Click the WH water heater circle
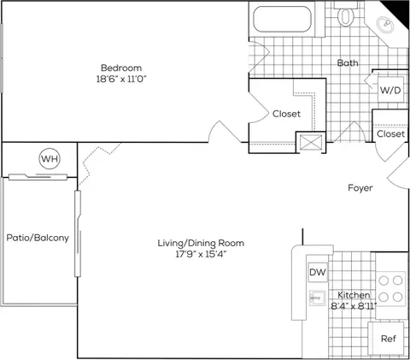[x=50, y=158]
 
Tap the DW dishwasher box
[x=318, y=272]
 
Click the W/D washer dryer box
[x=390, y=90]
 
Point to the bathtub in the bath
[x=282, y=19]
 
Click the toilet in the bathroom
[x=345, y=15]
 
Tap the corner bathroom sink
[x=385, y=25]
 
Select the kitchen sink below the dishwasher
[x=317, y=298]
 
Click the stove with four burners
[x=390, y=289]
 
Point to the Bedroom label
[x=121, y=68]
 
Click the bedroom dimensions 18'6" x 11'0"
[x=121, y=79]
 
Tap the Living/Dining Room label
[x=201, y=243]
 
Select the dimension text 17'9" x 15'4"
[x=201, y=254]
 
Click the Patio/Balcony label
[x=38, y=238]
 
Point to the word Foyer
[x=360, y=188]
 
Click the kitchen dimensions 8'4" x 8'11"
[x=354, y=306]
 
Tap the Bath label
[x=348, y=62]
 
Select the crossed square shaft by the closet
[x=311, y=142]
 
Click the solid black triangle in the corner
[x=399, y=11]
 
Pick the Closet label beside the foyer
[x=390, y=133]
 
